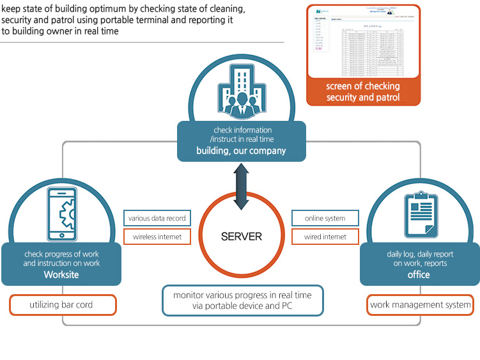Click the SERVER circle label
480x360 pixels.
pyautogui.click(x=241, y=237)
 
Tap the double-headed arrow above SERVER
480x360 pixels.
pyautogui.click(x=241, y=186)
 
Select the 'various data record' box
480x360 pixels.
pyautogui.click(x=157, y=218)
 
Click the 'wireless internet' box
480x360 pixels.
pyautogui.click(x=157, y=237)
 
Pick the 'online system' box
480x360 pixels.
pyautogui.click(x=325, y=218)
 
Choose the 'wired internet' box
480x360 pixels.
pyautogui.click(x=325, y=237)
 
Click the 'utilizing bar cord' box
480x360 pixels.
pyautogui.click(x=63, y=305)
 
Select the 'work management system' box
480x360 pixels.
pyautogui.click(x=421, y=305)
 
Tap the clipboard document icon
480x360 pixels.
pyautogui.click(x=419, y=214)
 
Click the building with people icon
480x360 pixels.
pyautogui.click(x=241, y=93)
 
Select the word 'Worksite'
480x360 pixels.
pyautogui.click(x=61, y=275)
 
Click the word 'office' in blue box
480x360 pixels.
pyautogui.click(x=419, y=275)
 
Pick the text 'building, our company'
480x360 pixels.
pyautogui.click(x=241, y=152)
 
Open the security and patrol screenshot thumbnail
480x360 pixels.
pyautogui.click(x=363, y=41)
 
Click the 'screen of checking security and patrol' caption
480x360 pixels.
pyautogui.click(x=363, y=91)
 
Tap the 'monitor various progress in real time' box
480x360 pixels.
pyautogui.click(x=242, y=301)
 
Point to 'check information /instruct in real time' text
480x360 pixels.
pyautogui.click(x=242, y=135)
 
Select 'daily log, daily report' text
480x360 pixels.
pyautogui.click(x=420, y=254)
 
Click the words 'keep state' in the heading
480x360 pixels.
pyautogui.click(x=22, y=10)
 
